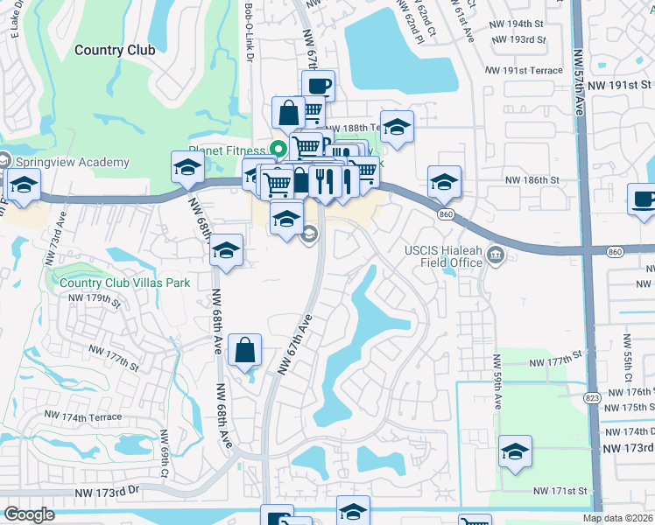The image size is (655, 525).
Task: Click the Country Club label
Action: click(x=115, y=50)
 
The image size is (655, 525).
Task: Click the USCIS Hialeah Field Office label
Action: click(x=444, y=255)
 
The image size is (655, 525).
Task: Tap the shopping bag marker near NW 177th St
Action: click(x=245, y=350)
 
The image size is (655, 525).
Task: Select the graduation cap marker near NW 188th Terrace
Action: click(x=397, y=128)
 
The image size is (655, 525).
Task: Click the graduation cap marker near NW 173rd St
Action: click(x=516, y=452)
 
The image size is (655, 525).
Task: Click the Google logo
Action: click(x=29, y=514)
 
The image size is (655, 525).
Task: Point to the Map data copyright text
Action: click(x=616, y=518)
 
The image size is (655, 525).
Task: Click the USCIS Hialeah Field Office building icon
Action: click(x=496, y=255)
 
